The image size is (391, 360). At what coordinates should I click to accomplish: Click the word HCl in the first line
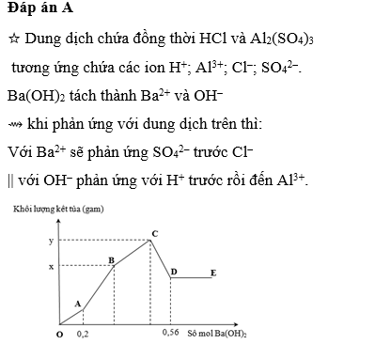click(x=214, y=39)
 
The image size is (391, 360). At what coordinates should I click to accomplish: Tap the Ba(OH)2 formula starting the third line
click(x=34, y=96)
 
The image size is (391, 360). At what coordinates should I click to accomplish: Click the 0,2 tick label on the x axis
click(x=84, y=334)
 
